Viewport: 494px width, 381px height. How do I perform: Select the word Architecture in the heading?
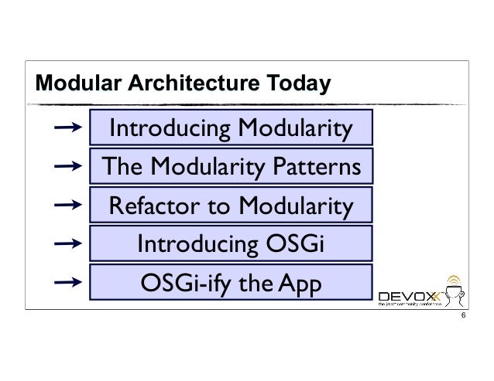click(184, 83)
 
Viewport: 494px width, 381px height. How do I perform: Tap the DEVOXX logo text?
click(410, 295)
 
